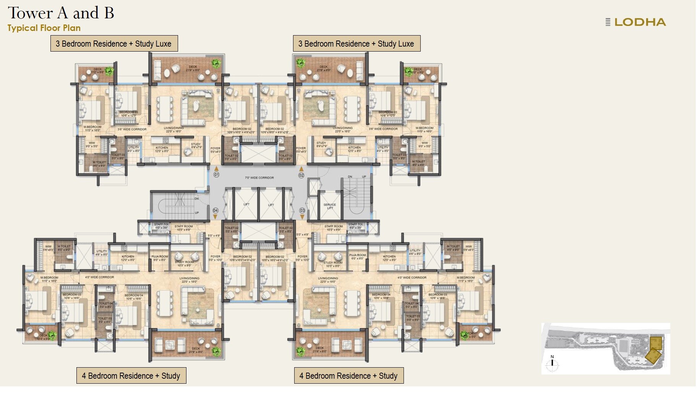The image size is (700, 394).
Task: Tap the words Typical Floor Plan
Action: tap(44, 28)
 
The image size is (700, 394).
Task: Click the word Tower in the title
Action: tap(31, 13)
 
